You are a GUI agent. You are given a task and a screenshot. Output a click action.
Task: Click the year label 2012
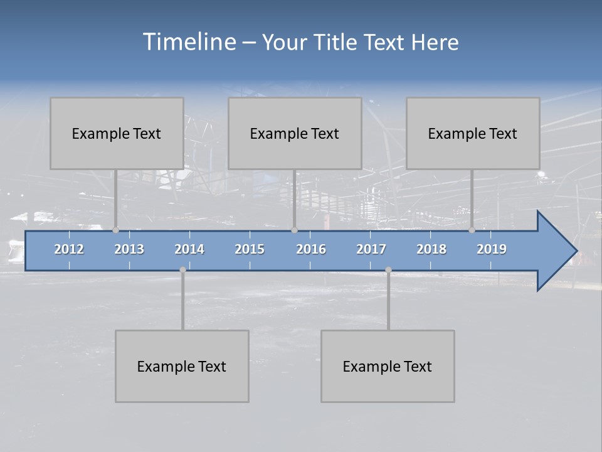69,249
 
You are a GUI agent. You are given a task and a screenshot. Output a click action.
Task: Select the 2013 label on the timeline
129,249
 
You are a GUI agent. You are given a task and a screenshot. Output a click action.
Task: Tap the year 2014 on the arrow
189,249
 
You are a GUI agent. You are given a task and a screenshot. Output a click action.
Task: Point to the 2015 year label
250,249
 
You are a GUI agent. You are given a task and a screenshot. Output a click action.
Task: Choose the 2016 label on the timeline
311,249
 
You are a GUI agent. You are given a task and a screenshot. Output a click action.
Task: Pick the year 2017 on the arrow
371,249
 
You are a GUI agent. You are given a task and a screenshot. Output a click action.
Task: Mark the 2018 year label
431,249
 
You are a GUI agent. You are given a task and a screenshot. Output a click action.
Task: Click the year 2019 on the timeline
492,249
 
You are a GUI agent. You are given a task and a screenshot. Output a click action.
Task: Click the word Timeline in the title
189,42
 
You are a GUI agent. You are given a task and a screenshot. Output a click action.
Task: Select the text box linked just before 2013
117,133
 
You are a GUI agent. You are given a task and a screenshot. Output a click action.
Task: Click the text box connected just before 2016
295,133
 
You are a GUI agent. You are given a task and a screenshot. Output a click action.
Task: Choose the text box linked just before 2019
473,133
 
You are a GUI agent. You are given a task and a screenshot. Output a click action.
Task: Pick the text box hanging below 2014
182,366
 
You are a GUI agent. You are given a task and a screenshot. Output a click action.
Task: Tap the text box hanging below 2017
388,366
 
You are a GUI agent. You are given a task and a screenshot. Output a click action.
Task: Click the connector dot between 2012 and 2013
115,230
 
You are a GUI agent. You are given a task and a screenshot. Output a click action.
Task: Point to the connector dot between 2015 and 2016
294,230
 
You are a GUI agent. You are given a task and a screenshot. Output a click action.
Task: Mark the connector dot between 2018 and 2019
472,230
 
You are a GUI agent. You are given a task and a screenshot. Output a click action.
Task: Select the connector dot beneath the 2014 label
182,270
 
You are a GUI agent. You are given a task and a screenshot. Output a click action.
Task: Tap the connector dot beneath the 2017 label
388,270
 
